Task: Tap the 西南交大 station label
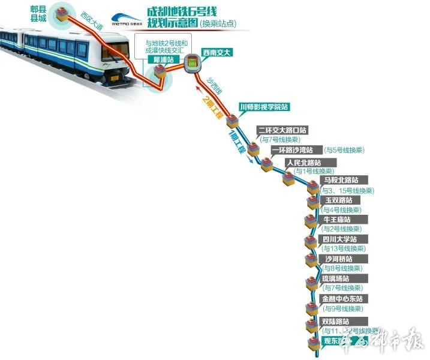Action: click(x=216, y=52)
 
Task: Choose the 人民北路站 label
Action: click(x=303, y=163)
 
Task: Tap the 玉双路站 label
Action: click(x=339, y=200)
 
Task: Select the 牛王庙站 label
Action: click(x=339, y=220)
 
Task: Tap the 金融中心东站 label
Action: click(x=342, y=298)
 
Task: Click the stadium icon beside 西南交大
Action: click(x=192, y=61)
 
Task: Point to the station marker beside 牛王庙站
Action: click(x=310, y=221)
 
